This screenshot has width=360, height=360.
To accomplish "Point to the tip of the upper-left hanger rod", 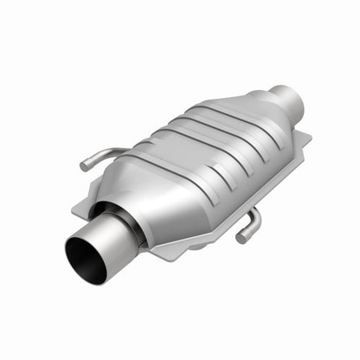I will tap(84, 164).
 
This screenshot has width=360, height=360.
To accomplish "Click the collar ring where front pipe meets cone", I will tap(121, 221).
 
